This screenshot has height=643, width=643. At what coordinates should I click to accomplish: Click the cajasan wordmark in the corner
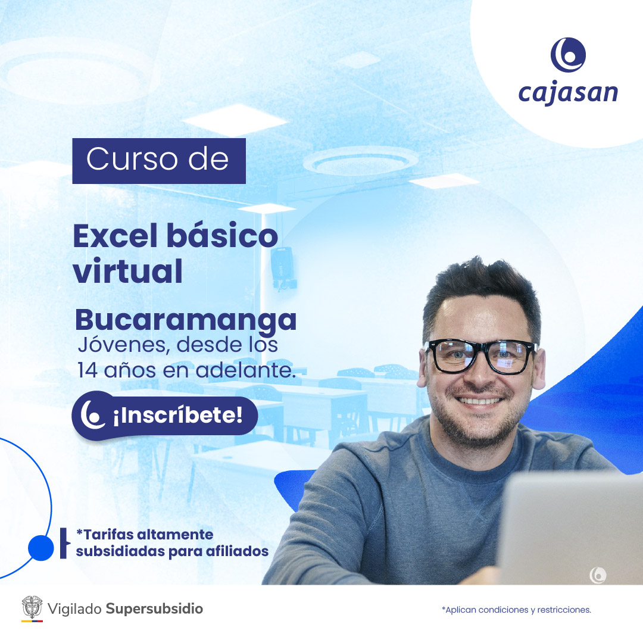click(568, 93)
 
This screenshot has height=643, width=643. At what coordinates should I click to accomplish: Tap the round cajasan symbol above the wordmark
click(568, 55)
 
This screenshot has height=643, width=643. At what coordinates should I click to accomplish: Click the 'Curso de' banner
click(159, 161)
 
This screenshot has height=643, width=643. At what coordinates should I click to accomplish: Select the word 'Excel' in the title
click(116, 236)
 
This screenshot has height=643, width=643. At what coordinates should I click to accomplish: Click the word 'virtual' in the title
click(127, 271)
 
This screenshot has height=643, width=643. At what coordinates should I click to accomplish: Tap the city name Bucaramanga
click(185, 320)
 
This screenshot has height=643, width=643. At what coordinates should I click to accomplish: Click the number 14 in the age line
click(88, 370)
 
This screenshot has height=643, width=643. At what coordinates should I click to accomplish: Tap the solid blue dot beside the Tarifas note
click(40, 548)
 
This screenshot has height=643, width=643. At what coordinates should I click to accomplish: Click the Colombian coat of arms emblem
click(32, 607)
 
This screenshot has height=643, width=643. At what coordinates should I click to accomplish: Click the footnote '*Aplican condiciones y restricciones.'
click(516, 610)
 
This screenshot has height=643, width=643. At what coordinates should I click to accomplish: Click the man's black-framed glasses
click(480, 355)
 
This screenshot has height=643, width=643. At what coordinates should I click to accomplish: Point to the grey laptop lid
click(570, 529)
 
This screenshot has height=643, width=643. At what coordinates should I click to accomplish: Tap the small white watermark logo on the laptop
click(598, 575)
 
